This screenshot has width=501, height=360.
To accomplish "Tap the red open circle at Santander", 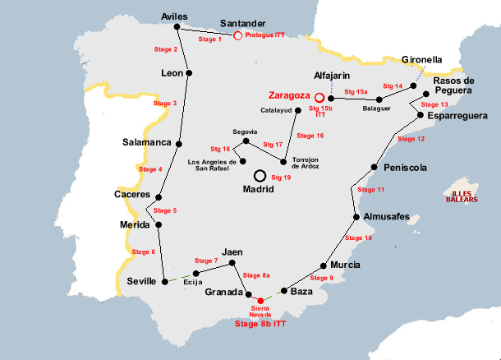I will click(237, 35).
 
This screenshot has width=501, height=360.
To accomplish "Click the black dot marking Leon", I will click(190, 73).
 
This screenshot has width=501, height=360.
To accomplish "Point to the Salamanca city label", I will click(145, 141).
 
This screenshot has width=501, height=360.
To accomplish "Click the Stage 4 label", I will click(149, 169).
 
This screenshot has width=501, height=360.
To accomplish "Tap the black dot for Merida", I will click(158, 224).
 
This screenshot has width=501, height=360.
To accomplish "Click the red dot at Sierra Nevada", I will click(261, 300).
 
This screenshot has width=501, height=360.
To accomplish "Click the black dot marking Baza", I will click(284, 291).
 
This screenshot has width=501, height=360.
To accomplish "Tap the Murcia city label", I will click(344, 265).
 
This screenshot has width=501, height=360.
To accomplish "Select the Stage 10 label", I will click(357, 238).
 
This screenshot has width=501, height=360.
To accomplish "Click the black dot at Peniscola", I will click(375, 168).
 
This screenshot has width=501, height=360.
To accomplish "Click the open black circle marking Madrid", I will click(260, 175).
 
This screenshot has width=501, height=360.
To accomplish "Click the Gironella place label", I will click(422, 60).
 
